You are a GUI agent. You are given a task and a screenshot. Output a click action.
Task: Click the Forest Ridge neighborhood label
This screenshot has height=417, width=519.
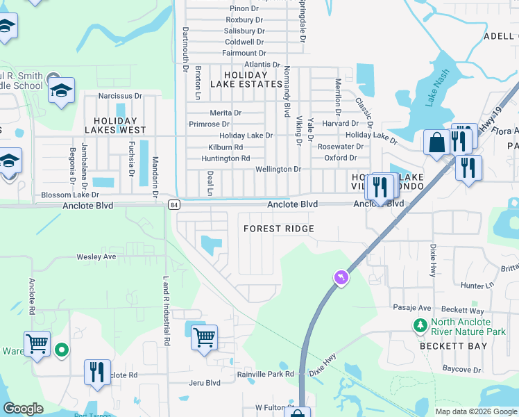279,229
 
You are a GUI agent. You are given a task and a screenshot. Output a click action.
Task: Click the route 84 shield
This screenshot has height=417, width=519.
174,204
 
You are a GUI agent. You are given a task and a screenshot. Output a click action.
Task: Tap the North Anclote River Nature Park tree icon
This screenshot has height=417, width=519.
419,325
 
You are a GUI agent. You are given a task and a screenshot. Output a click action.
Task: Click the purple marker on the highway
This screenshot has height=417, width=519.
341,278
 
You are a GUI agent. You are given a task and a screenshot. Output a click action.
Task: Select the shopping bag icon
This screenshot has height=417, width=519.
438,143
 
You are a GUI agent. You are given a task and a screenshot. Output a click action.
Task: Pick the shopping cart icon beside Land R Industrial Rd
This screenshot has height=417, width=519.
203,338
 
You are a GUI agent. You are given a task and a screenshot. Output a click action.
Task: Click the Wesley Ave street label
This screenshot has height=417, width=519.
96,256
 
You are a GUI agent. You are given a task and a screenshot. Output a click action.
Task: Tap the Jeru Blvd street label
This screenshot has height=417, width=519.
204,382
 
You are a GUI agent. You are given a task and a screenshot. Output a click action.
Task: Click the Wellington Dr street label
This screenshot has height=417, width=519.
278,169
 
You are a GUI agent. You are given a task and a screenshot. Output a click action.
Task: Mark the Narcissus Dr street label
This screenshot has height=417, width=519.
119,96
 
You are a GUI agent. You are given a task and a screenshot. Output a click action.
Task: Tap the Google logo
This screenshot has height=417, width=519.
23,409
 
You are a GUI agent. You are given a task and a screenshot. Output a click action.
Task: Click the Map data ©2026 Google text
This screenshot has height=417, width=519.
475,411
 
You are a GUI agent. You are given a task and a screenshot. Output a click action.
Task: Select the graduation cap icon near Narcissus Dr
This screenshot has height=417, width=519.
61,90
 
